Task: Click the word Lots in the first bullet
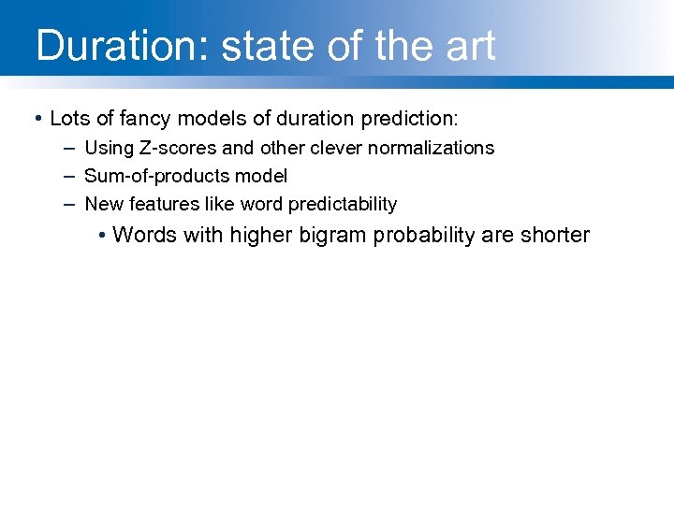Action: pyautogui.click(x=68, y=119)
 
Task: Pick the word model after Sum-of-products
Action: pyautogui.click(x=263, y=176)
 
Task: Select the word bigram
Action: pyautogui.click(x=333, y=235)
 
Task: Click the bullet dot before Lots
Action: pyautogui.click(x=36, y=119)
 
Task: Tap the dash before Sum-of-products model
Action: pyautogui.click(x=71, y=176)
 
